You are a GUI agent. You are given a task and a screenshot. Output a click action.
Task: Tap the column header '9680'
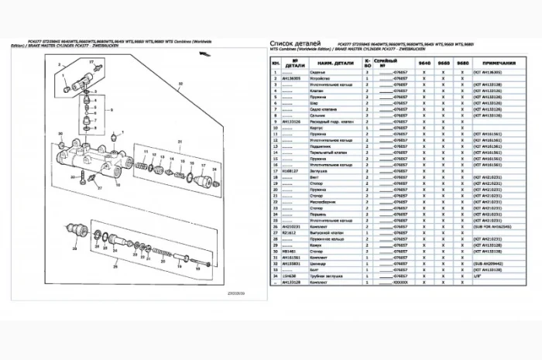pos(462,62)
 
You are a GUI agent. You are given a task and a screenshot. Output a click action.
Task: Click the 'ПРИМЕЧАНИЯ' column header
pos(501,62)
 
